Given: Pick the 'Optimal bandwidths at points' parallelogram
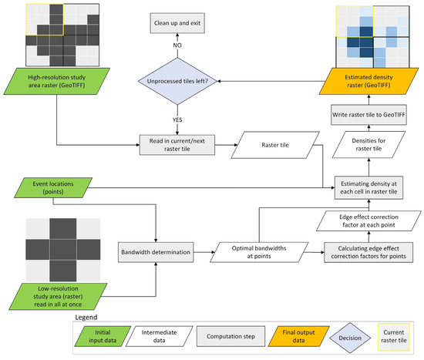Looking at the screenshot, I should [258, 251].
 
